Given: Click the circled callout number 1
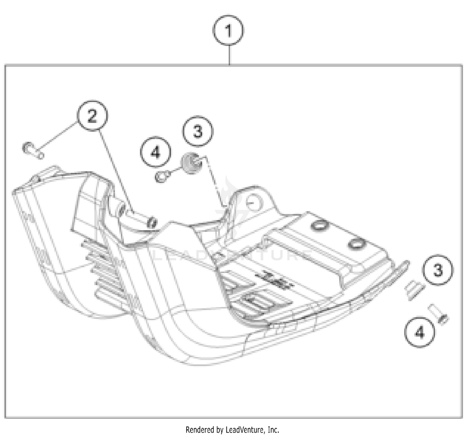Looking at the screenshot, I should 228,30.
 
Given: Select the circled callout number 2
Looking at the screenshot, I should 92,117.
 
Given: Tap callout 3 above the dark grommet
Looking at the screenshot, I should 197,131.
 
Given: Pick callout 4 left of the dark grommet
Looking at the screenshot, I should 155,152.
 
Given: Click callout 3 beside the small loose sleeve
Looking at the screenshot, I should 437,270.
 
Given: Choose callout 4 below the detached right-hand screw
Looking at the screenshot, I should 419,333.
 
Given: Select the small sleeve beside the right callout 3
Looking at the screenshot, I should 414,289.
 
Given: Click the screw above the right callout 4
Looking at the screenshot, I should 438,314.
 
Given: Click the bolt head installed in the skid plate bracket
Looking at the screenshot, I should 152,222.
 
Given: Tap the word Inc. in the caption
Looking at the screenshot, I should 273,430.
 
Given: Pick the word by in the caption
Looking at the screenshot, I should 220,430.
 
